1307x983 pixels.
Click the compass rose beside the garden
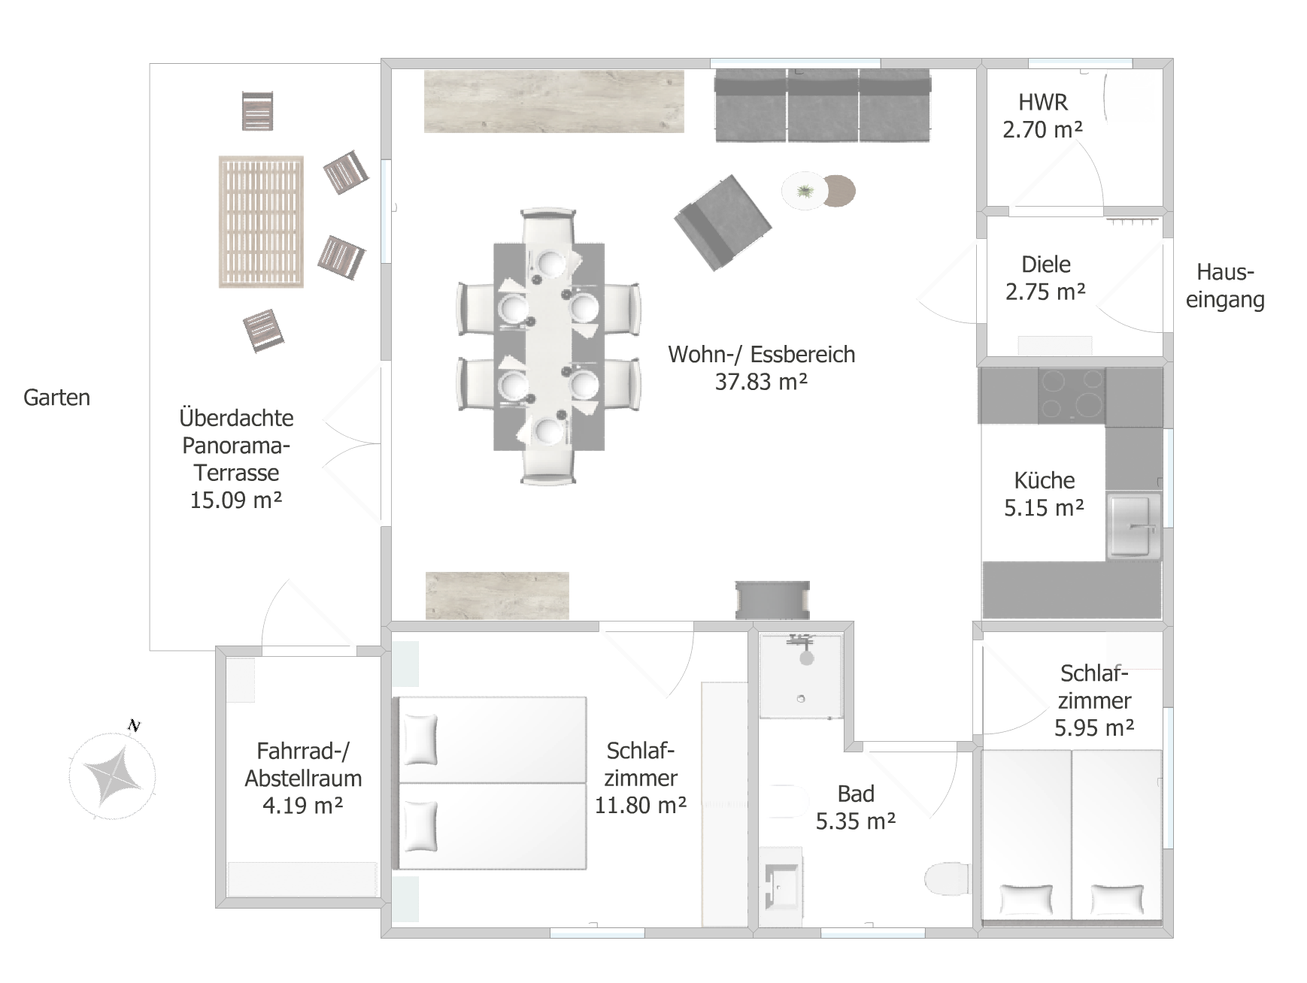coord(112,773)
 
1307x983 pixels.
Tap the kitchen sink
coord(1133,526)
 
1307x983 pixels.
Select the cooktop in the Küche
coord(1072,395)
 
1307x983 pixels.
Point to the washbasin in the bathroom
coord(782,887)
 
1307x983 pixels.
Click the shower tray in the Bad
coord(801,675)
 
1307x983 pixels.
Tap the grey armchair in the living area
coord(723,222)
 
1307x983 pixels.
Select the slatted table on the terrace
coord(261,222)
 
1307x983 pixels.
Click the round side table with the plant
coord(805,191)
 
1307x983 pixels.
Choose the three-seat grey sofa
coord(822,105)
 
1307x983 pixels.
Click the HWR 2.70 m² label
coord(1043,116)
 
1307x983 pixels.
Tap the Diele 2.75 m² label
coord(1046,278)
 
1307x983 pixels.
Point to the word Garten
coord(57,398)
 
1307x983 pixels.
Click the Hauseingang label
coord(1225,286)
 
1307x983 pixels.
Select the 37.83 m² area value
coord(761,382)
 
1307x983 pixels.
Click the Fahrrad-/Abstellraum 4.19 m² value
coord(303,806)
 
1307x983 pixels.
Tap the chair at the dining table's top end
coord(549,229)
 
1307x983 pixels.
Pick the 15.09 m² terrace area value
coord(236,500)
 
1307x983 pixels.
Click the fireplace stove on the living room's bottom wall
coord(772,600)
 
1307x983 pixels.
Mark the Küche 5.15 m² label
coord(1045,494)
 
